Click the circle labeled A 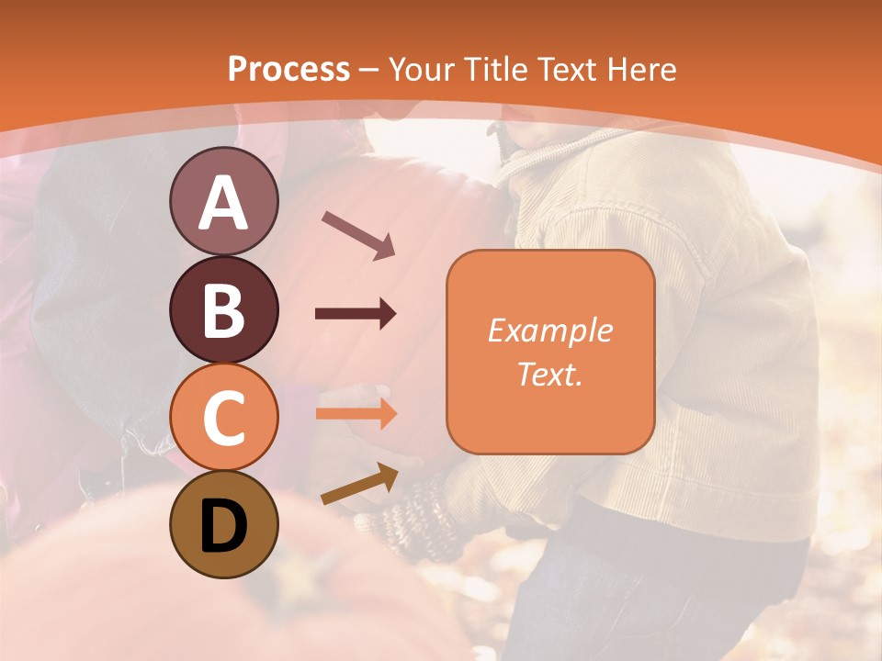click(x=223, y=201)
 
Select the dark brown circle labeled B click(x=223, y=309)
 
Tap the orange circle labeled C click(x=223, y=417)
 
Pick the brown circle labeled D click(x=223, y=524)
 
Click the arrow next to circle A click(x=358, y=234)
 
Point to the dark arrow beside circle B click(x=356, y=314)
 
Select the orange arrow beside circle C click(x=356, y=413)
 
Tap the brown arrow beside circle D click(x=359, y=484)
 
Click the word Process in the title click(x=288, y=69)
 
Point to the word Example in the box click(x=549, y=330)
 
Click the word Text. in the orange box click(x=549, y=374)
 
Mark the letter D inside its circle click(x=223, y=526)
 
